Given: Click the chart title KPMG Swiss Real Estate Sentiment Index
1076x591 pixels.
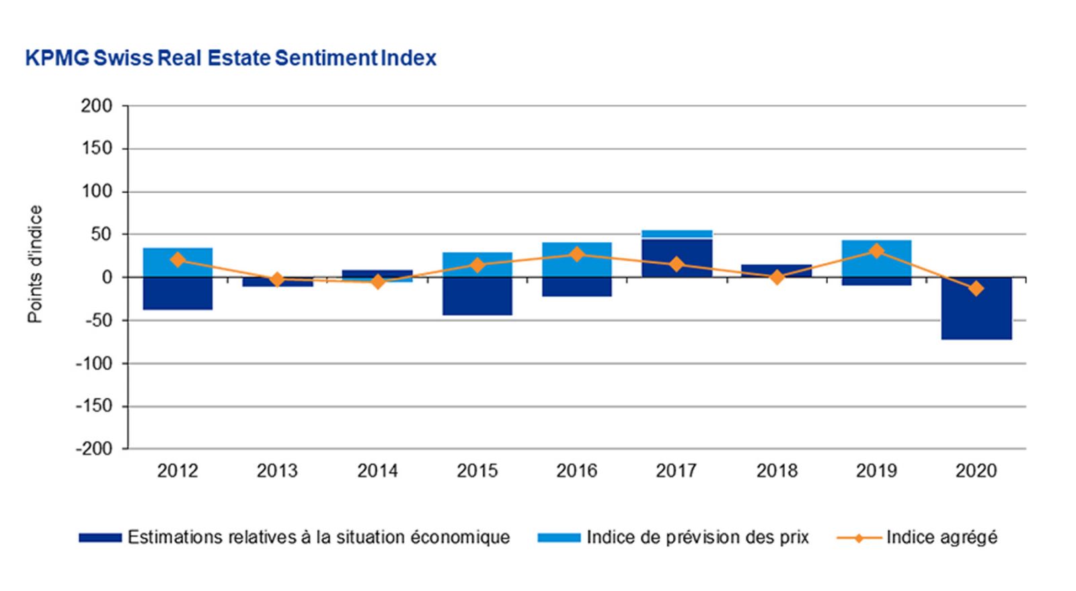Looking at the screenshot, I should [231, 59].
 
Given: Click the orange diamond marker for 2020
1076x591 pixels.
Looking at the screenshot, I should [976, 289].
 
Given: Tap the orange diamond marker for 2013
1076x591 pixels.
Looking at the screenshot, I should [277, 279].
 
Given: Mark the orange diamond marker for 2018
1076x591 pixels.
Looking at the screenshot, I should [777, 277].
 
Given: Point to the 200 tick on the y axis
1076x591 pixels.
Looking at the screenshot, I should [97, 106].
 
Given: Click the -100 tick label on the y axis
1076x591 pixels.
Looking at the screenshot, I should [94, 363].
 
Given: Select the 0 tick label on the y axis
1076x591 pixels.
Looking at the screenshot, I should [106, 277].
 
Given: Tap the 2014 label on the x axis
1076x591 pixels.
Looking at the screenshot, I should [377, 471].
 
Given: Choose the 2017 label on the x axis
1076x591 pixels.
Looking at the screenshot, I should [677, 471].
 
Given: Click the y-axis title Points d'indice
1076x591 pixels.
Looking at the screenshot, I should [35, 264].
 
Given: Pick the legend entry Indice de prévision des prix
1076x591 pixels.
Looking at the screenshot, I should [697, 537].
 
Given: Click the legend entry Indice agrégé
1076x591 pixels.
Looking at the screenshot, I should [941, 537].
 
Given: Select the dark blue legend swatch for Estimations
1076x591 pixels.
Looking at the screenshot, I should [100, 538].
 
